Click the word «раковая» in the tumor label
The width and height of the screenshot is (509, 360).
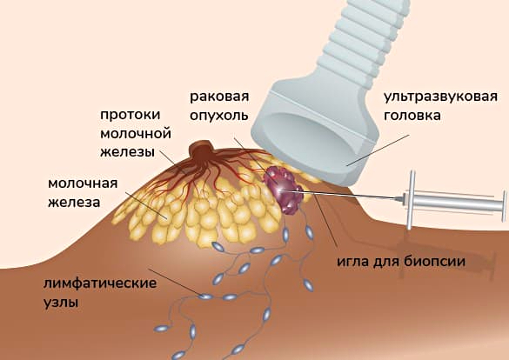pos(219,97)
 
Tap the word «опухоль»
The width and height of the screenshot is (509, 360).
pos(218,116)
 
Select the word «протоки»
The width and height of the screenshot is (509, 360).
pos(131,116)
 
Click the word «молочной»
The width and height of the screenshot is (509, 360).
pos(136,134)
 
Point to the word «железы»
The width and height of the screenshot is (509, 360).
pos(127,152)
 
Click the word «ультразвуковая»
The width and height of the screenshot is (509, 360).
pos(440,97)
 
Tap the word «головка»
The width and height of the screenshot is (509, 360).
pos(412,116)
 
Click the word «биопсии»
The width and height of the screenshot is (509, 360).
pos(434,261)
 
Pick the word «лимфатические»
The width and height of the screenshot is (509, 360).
pos(100,283)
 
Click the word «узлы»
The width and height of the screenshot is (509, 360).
pos(61,303)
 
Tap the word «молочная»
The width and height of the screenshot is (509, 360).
pos(83,183)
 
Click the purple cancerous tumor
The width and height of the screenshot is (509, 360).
pos(283,190)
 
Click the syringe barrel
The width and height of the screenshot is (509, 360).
pos(454,202)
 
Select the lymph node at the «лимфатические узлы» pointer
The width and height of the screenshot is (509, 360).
pos(205,297)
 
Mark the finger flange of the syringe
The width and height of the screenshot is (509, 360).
pos(412,200)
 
